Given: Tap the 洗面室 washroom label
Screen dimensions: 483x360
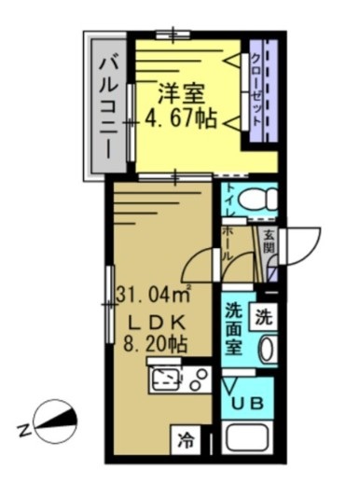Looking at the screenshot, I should point(235,329).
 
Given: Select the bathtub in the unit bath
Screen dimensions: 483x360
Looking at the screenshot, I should point(247,444).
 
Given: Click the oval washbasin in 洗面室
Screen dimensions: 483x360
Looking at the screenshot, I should point(266,352).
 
